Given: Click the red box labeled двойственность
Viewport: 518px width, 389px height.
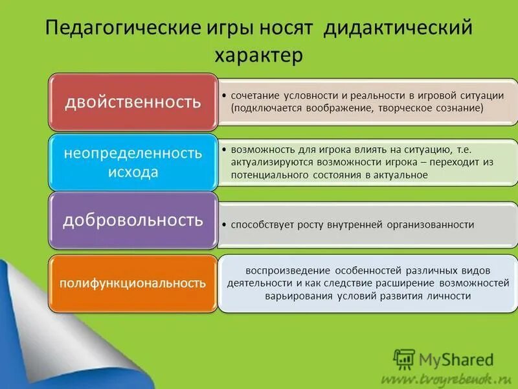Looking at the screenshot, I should [x=133, y=102].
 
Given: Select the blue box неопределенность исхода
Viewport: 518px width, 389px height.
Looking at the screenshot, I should [x=133, y=162].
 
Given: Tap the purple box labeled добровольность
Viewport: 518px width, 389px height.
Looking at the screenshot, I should [x=133, y=220].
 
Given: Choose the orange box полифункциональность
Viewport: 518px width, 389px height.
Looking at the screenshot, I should [x=133, y=283].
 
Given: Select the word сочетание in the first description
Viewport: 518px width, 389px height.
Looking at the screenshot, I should [x=253, y=95].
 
